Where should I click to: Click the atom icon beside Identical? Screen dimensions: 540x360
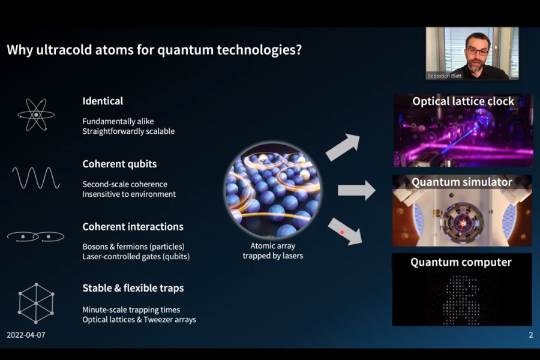click(36, 115)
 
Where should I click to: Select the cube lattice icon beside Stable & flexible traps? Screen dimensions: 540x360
click(36, 303)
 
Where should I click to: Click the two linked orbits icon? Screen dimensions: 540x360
click(35, 236)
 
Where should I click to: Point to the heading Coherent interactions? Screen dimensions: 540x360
click(133, 227)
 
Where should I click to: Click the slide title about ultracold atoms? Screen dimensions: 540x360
click(154, 50)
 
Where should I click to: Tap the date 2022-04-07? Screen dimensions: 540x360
click(26, 335)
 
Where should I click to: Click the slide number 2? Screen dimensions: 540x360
click(531, 335)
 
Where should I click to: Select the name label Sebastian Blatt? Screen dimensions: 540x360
click(444, 76)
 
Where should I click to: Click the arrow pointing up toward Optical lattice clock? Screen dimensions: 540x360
click(343, 147)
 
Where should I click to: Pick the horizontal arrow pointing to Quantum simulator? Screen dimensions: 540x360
click(356, 190)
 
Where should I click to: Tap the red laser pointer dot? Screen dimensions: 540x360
click(342, 233)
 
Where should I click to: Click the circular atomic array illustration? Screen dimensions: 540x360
click(273, 191)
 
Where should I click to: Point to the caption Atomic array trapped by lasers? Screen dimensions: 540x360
click(273, 251)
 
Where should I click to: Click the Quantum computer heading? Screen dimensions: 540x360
click(461, 262)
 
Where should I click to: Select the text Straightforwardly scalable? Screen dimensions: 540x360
click(128, 131)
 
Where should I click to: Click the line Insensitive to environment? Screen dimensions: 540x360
click(129, 194)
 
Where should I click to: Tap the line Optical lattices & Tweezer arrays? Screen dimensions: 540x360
click(139, 320)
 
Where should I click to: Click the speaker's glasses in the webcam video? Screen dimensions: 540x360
click(478, 52)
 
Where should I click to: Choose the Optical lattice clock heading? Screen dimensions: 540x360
click(463, 101)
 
